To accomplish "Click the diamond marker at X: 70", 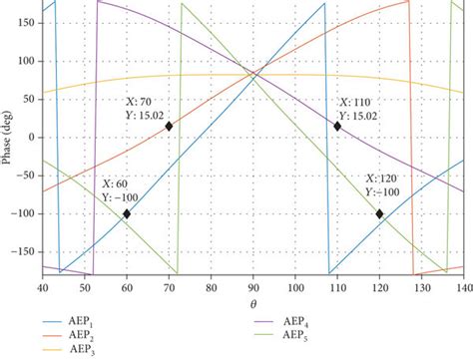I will click(x=169, y=126).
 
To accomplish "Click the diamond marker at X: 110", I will click(x=337, y=126).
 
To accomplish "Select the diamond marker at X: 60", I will click(x=127, y=213).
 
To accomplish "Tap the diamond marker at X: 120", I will click(x=379, y=213).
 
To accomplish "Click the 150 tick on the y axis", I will click(x=26, y=22).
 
